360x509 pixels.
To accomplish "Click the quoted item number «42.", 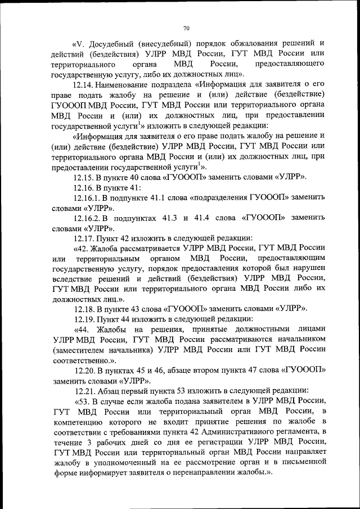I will tap(80, 248).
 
